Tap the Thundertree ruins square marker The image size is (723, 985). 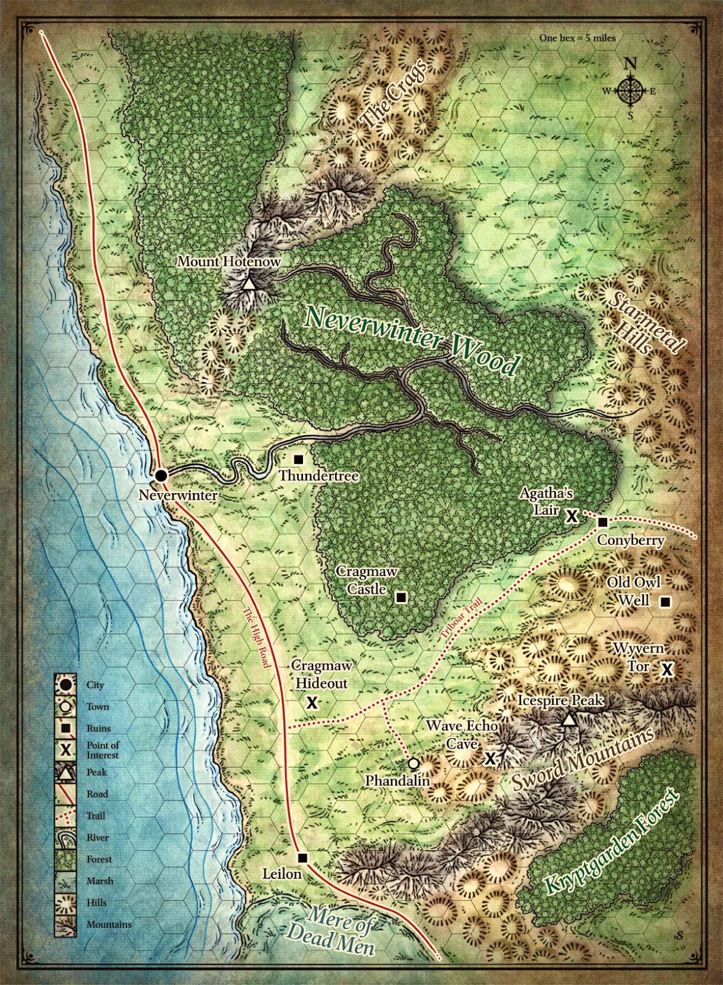point(299,459)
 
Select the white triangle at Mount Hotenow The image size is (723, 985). point(248,284)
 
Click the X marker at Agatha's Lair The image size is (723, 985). point(572,516)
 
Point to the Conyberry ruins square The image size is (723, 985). point(603,522)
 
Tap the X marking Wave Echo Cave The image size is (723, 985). point(490,758)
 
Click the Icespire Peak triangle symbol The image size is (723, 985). point(570,720)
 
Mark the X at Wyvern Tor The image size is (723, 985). point(667,669)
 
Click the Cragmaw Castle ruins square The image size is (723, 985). point(401,597)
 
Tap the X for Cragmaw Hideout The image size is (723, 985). point(312,702)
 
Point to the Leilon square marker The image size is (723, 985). point(302,858)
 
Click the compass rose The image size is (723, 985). point(630,92)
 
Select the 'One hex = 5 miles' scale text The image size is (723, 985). point(577,38)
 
